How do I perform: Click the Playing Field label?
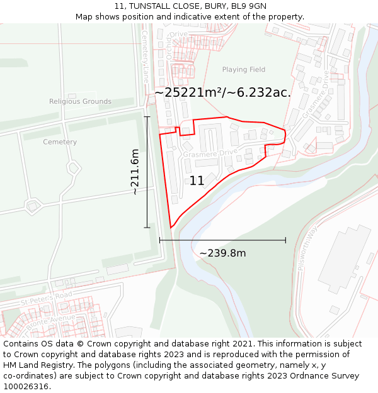[x=244, y=70]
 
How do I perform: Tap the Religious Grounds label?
[x=80, y=101]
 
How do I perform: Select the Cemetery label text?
[x=60, y=142]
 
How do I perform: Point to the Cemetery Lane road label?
[x=145, y=57]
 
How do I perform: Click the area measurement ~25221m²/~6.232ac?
[x=222, y=92]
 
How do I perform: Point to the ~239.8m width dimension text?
[x=222, y=253]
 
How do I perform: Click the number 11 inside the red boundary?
[x=197, y=181]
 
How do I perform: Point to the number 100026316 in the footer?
[x=25, y=387]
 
